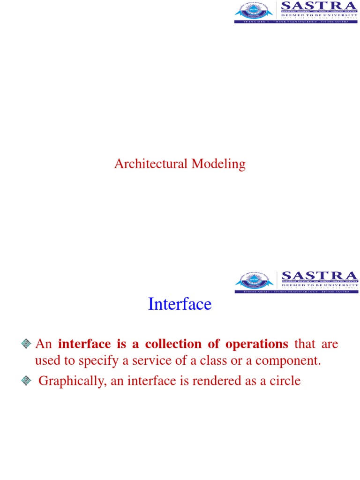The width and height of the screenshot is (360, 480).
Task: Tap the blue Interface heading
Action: point(180,304)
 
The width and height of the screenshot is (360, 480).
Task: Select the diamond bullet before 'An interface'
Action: point(26,345)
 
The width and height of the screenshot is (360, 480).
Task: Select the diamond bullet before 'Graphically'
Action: point(26,381)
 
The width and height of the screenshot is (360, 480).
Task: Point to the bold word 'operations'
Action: point(257,344)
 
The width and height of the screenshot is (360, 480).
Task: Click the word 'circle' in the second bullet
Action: point(284,381)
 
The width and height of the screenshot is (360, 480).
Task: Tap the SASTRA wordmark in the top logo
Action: point(319,6)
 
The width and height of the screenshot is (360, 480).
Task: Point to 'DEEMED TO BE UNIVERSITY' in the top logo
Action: point(319,15)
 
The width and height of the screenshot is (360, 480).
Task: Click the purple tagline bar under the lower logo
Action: point(296,292)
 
